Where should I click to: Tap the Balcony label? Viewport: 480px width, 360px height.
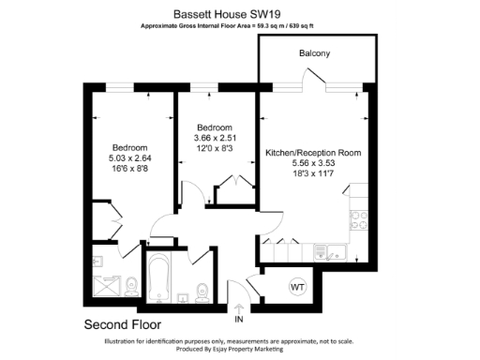[314, 54]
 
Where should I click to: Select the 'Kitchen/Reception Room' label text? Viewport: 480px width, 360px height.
[313, 152]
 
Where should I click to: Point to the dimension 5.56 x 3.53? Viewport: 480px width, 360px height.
[313, 163]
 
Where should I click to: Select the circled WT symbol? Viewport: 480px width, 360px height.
[298, 285]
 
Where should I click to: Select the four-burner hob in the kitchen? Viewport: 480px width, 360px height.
[358, 221]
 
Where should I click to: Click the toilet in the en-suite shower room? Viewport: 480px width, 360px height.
[132, 285]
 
